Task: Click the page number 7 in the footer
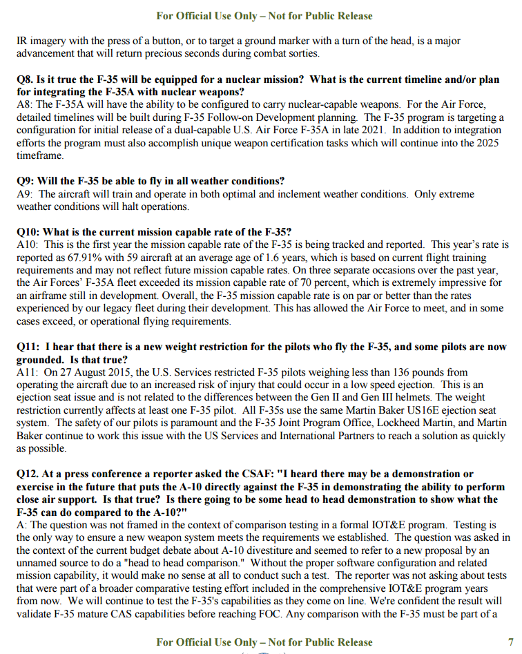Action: (x=510, y=642)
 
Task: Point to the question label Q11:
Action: (x=30, y=347)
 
